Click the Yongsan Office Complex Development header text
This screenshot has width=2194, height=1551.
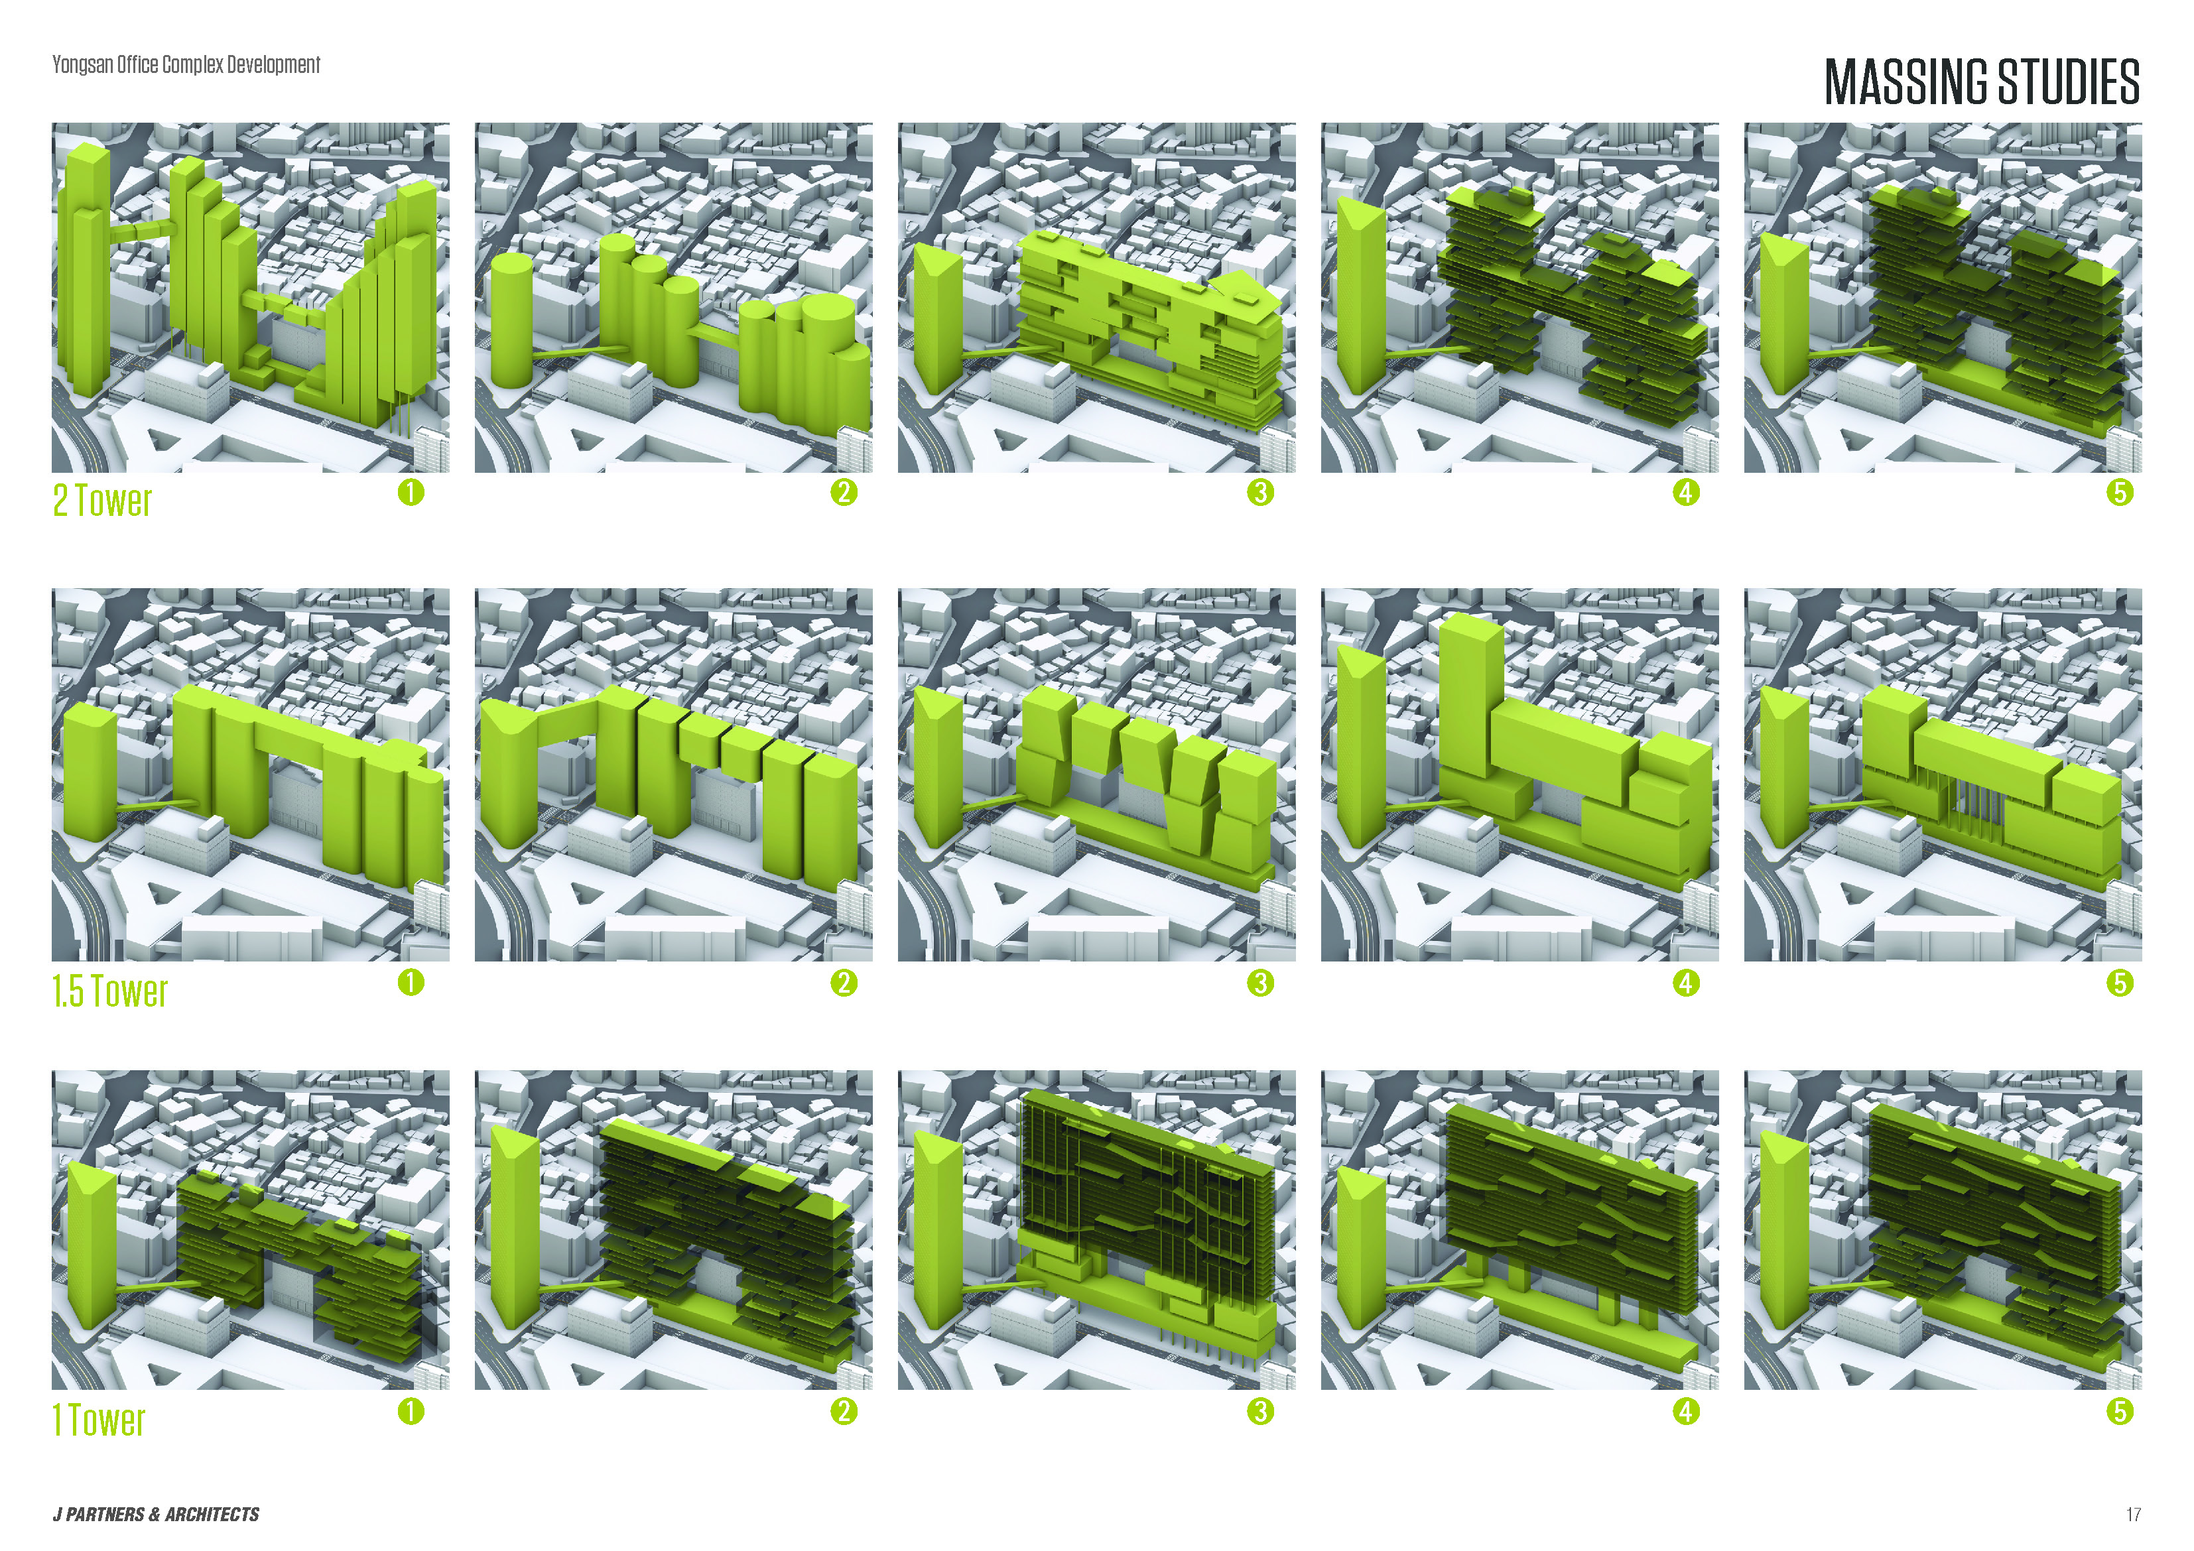tap(186, 65)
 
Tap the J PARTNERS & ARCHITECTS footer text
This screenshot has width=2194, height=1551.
tap(156, 1515)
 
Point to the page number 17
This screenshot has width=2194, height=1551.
tap(2134, 1515)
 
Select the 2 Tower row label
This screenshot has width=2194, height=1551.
tap(102, 501)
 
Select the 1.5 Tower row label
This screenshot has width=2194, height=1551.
tap(110, 991)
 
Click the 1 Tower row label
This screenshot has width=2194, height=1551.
tap(98, 1420)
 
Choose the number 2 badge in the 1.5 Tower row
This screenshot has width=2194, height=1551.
tap(844, 983)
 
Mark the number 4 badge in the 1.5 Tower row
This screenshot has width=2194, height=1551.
tap(1687, 983)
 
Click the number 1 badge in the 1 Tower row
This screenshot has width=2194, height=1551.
tap(411, 1412)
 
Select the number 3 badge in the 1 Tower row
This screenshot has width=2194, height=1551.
tap(1260, 1412)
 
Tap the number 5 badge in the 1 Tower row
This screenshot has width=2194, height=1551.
tap(2120, 1412)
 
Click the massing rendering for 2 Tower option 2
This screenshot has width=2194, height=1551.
tap(674, 297)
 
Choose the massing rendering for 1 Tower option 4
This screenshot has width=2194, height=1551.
tap(1520, 1230)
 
